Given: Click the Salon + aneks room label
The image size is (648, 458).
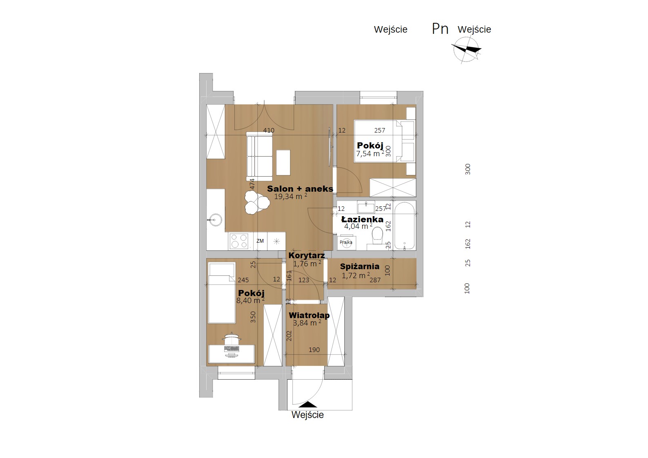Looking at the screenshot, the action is [x=300, y=189].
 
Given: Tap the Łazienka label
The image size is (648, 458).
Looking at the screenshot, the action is [x=362, y=219].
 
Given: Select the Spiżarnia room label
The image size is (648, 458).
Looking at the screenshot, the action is [x=360, y=266].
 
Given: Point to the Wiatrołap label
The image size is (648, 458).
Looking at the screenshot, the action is [x=309, y=315].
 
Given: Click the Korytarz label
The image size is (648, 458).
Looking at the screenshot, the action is [x=307, y=255].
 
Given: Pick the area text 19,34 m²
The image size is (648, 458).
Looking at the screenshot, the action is [x=290, y=197].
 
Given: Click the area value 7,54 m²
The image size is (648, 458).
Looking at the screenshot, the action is [x=370, y=153].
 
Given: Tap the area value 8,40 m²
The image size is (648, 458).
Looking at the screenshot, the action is [x=251, y=301].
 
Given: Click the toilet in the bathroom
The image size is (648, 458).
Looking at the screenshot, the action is [x=377, y=235].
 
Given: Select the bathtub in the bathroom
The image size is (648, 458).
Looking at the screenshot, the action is [x=404, y=226].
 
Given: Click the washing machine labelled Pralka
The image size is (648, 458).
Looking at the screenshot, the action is [x=346, y=243].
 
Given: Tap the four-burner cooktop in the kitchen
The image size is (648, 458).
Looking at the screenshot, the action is [x=239, y=241].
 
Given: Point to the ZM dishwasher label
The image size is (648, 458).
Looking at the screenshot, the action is [x=260, y=241].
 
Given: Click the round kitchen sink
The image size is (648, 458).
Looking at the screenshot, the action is [x=215, y=220].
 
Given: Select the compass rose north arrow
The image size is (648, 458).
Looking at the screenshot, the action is [x=466, y=50].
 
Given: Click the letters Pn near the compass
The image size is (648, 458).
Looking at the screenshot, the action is [x=440, y=29].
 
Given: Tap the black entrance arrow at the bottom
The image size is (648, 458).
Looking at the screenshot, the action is [x=308, y=404].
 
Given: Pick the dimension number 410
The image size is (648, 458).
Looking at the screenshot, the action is [x=269, y=131].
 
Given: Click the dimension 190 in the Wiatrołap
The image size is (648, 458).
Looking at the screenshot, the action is [x=314, y=350].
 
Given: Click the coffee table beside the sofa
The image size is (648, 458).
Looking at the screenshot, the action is [x=283, y=162].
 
